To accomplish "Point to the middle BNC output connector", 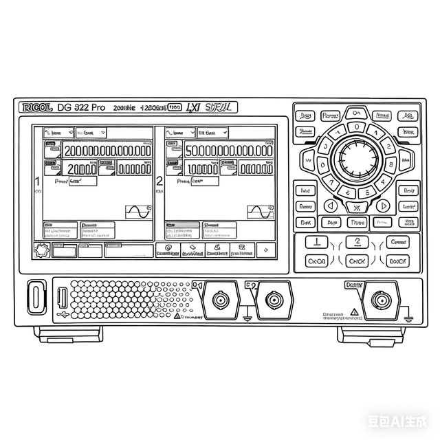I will (x=274, y=300).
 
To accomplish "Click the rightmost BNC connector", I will (x=380, y=300).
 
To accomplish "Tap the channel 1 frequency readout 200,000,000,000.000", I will (x=107, y=151).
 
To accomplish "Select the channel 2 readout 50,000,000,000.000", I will (x=228, y=151).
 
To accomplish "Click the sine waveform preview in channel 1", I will (x=137, y=212).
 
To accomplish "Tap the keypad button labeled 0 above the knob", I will (x=356, y=127).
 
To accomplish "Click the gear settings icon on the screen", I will (x=41, y=250).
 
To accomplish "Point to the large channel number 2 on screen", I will (x=159, y=181).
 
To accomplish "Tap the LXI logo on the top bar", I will (x=193, y=107).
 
